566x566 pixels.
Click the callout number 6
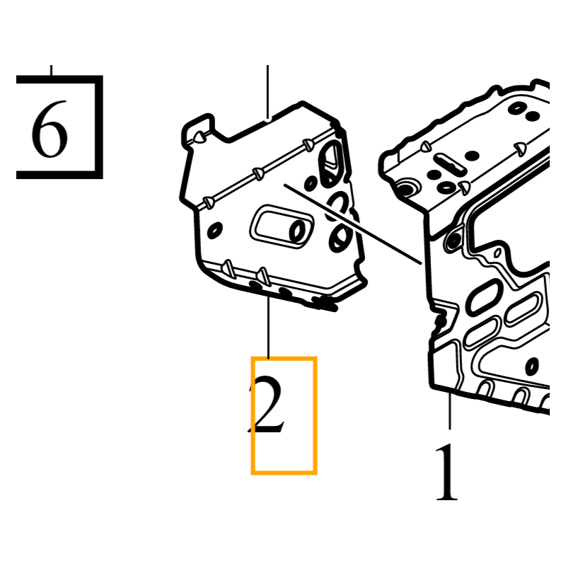50,129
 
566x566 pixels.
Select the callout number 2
267,404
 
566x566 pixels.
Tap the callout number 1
447,472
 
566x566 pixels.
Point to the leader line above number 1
450,411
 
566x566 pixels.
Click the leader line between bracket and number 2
268,327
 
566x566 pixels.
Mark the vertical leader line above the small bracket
267,92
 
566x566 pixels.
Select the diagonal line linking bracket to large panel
352,224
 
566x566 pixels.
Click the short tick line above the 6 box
51,70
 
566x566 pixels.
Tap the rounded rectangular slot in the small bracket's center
282,226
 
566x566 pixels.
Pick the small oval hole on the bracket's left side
215,230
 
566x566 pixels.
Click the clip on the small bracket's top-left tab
200,137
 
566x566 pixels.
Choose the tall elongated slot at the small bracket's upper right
331,163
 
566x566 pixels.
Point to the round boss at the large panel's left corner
408,187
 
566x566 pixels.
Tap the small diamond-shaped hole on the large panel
497,253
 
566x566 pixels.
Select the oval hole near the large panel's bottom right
532,366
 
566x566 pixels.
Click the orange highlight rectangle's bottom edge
284,473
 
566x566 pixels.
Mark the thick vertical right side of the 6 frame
99,127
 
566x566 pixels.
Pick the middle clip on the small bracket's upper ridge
258,173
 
